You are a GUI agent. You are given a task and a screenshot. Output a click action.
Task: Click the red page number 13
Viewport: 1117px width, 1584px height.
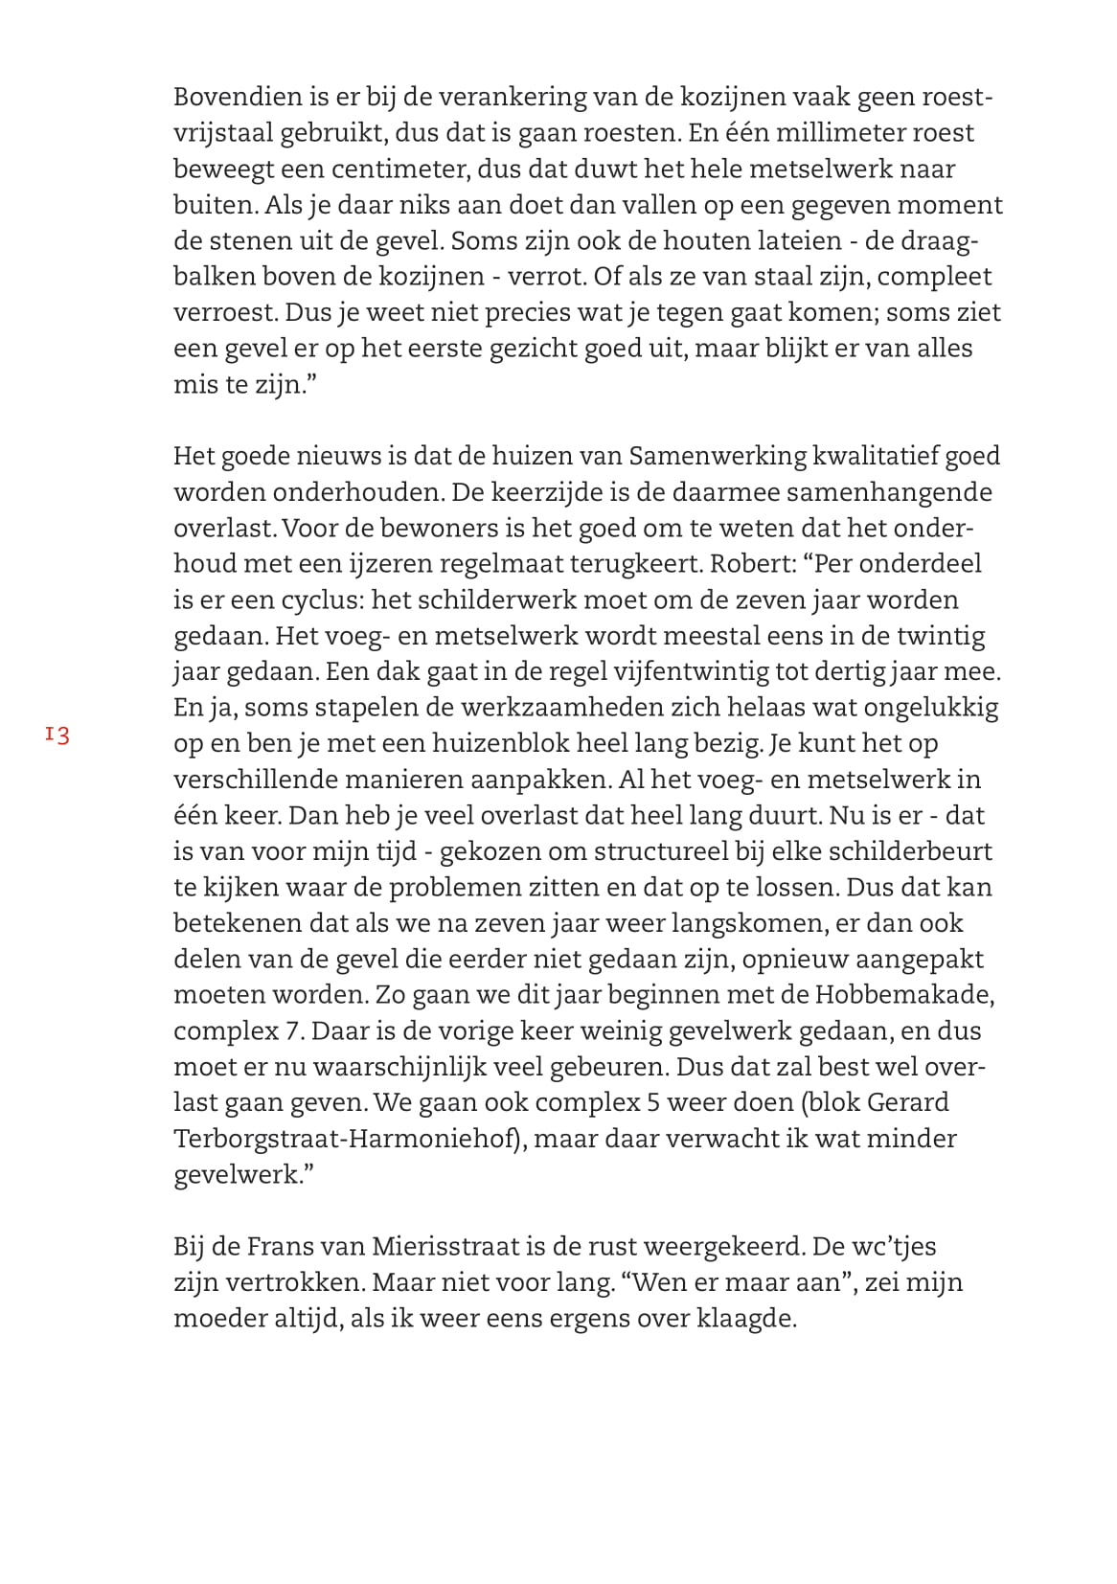click(57, 735)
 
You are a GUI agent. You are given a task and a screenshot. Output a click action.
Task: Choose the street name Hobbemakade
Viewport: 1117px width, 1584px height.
click(903, 994)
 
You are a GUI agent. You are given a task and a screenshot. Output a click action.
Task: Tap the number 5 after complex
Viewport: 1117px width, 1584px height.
click(652, 1102)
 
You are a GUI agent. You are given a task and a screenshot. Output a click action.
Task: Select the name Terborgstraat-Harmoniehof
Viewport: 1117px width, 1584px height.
click(347, 1139)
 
